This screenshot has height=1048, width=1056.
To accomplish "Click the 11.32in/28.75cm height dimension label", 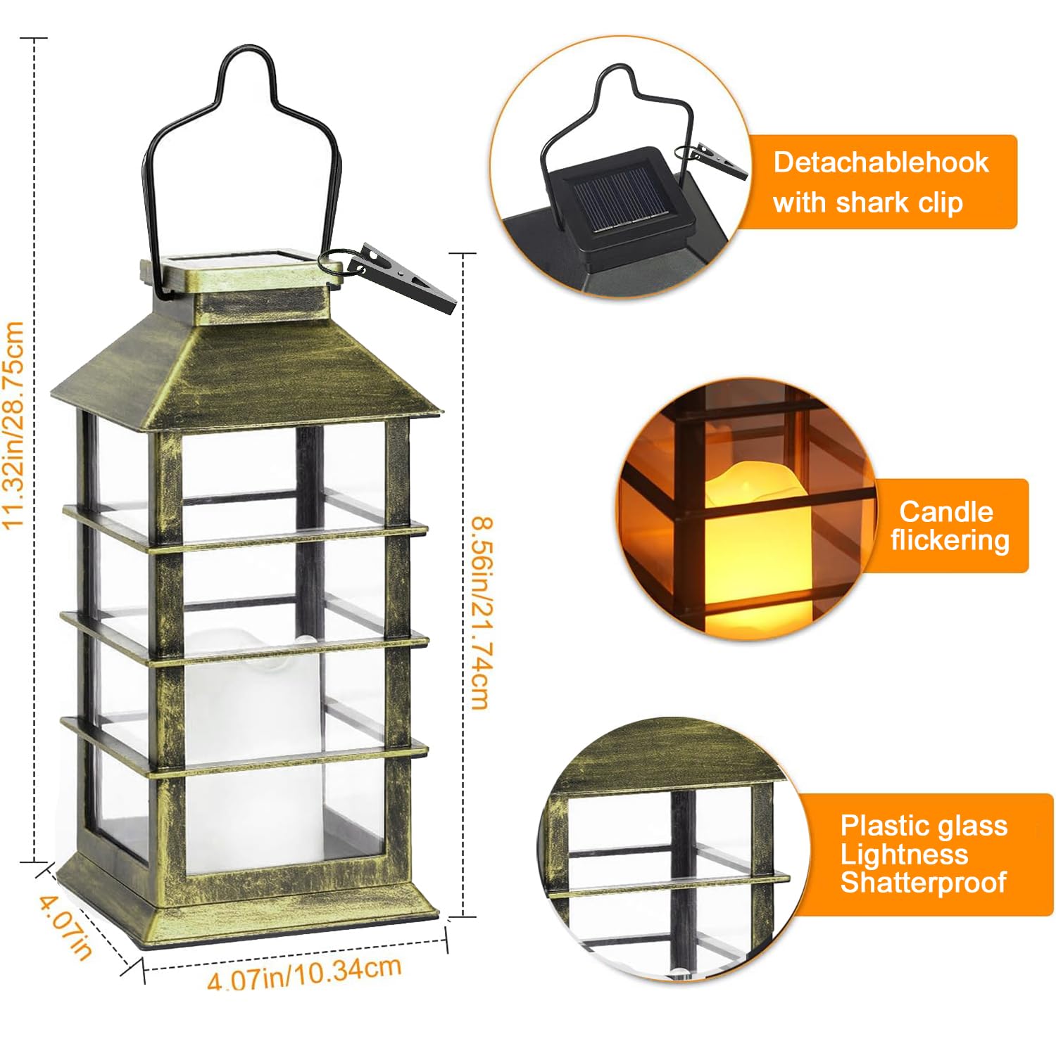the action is coord(14,425).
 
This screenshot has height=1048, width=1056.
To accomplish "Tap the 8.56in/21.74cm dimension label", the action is coord(482,613).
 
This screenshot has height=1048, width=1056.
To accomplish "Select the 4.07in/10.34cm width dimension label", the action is coord(304,972).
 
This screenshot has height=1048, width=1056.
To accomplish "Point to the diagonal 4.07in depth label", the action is coord(65,926).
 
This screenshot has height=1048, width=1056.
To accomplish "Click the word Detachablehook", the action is coord(881,162).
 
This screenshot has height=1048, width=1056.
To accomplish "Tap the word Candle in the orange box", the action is coord(945,511).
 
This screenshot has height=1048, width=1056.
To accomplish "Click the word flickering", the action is coord(950,540).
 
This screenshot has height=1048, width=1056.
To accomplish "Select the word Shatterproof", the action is coord(923,882).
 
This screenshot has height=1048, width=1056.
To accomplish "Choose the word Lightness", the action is coord(904,854).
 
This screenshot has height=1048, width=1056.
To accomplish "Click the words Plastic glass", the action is coord(924,825).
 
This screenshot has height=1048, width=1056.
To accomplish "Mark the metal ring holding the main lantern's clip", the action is coord(333,263).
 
